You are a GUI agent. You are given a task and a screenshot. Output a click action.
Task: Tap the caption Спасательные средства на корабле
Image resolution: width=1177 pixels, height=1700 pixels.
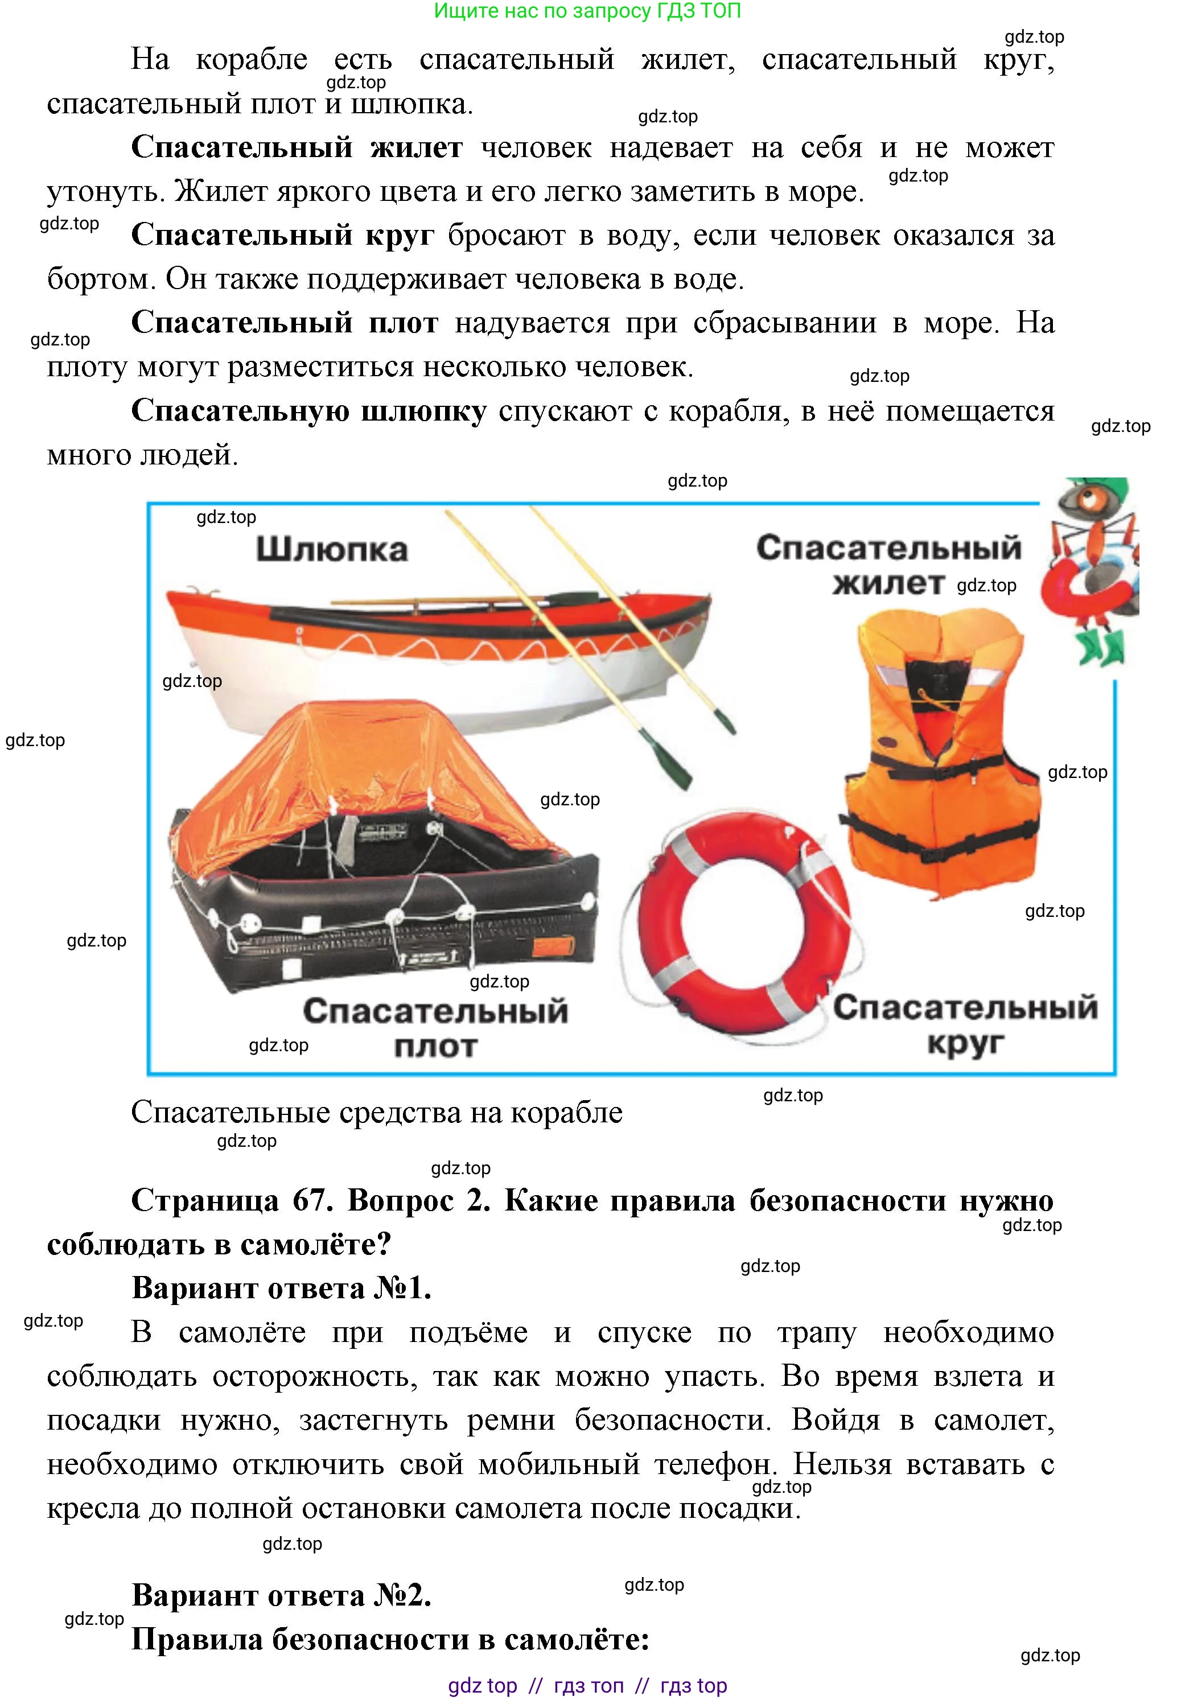click(x=377, y=1113)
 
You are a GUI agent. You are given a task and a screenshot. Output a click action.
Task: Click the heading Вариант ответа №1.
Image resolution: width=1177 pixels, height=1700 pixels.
click(x=281, y=1289)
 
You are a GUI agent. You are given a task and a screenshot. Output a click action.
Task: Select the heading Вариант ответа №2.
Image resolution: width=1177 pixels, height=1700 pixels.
click(x=281, y=1596)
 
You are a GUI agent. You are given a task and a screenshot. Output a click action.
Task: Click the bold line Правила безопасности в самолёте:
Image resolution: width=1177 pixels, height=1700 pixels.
click(x=390, y=1640)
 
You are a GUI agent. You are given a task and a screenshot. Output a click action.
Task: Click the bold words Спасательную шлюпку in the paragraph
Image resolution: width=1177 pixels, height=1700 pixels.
click(x=308, y=411)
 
